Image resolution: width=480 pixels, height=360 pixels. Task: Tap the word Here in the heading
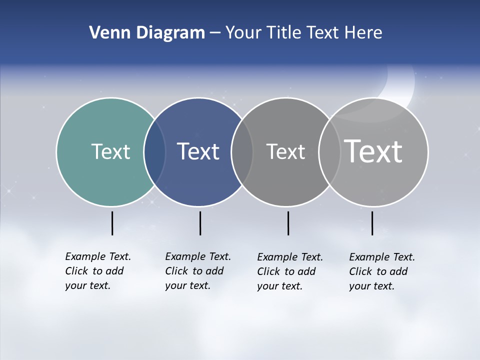click(363, 33)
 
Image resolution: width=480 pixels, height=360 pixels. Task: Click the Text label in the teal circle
click(110, 151)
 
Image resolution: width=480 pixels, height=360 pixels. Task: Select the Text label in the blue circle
click(198, 151)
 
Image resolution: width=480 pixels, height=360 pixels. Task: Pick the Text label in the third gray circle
click(285, 151)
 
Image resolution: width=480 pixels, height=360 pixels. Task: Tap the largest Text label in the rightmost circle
click(373, 151)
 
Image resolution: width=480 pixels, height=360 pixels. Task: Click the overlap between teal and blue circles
click(154, 152)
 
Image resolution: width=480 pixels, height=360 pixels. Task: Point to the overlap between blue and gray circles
click(242, 152)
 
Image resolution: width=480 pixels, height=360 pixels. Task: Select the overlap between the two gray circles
click(329, 152)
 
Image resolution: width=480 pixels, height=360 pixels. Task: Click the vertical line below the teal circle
click(112, 223)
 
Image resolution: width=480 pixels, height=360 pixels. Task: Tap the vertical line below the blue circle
click(200, 223)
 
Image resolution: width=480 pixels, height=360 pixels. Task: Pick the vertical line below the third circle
click(288, 223)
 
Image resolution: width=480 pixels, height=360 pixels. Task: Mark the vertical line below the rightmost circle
click(372, 223)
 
